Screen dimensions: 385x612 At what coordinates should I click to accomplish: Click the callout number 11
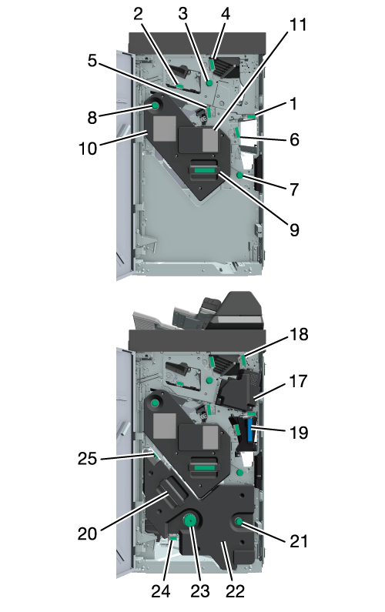tap(297, 25)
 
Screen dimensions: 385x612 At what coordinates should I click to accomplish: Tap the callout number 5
tap(92, 61)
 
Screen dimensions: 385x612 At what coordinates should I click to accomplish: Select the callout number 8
tap(92, 118)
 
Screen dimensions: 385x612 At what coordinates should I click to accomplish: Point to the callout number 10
tap(88, 149)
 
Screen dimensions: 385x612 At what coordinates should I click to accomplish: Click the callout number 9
tap(294, 230)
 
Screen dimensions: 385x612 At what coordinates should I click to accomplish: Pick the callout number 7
tap(294, 189)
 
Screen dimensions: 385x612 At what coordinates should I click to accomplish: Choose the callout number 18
tap(299, 335)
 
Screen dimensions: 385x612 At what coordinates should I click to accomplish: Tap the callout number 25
tap(87, 459)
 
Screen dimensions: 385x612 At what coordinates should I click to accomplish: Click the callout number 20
tap(87, 533)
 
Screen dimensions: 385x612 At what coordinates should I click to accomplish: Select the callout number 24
tap(161, 591)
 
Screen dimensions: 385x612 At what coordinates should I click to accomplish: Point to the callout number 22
tap(235, 591)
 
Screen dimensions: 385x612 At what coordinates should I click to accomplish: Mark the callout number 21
tap(299, 541)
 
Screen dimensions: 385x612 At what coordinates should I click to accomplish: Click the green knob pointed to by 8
tap(155, 105)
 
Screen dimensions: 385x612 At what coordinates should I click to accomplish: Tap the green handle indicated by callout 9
tap(204, 170)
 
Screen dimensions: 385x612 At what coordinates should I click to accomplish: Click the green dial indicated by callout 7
tap(240, 176)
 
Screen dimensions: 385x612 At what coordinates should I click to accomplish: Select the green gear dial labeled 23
tap(190, 520)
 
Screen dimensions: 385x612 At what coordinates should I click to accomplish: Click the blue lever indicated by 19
tap(250, 430)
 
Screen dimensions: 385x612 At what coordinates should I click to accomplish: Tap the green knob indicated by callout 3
tap(209, 83)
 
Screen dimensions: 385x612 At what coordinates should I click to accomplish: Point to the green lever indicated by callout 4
tap(212, 64)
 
